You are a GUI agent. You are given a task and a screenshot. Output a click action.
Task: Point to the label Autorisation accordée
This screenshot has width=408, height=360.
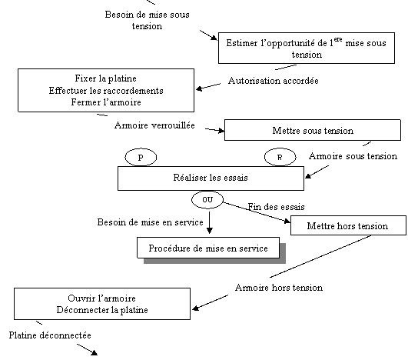[x=274, y=81]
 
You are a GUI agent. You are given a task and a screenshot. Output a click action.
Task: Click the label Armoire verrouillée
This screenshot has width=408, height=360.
[x=154, y=125]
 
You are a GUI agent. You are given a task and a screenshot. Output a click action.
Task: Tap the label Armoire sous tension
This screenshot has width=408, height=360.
[x=353, y=156]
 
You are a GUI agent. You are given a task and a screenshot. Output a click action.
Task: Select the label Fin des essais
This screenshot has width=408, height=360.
[x=276, y=207]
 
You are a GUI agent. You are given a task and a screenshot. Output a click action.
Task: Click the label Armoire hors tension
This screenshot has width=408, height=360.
[x=279, y=288]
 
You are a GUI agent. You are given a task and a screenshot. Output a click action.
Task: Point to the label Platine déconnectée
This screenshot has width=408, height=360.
[x=50, y=335]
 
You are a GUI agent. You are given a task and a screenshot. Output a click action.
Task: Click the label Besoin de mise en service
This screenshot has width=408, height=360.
[x=150, y=222]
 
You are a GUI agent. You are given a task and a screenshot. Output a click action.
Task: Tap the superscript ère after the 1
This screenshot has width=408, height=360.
[x=338, y=39]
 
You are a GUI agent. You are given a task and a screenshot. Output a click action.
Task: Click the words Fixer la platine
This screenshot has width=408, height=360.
[x=105, y=78]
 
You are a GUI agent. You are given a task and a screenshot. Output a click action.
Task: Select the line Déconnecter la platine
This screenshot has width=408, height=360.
[x=102, y=310]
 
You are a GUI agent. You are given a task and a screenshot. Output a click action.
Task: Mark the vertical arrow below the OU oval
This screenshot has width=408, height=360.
[x=210, y=222]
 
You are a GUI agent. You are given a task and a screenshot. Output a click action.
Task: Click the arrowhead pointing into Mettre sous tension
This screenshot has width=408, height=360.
[x=221, y=131]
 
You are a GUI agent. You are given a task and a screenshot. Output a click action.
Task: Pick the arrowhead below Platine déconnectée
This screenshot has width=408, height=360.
[x=94, y=353]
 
